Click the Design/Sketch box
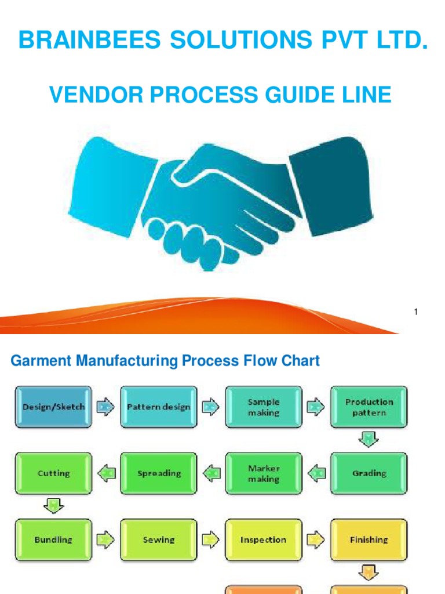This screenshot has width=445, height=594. [53, 407]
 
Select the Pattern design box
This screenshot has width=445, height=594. [158, 407]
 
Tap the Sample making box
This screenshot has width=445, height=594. [264, 407]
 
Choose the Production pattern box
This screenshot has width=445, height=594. [369, 407]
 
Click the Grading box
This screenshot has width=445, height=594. [369, 473]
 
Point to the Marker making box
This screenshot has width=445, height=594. [264, 473]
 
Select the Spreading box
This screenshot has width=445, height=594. [158, 473]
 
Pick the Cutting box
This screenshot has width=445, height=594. [53, 473]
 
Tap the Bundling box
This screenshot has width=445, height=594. [53, 539]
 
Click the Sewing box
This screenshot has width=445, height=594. [158, 539]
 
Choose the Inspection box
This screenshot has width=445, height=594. [264, 539]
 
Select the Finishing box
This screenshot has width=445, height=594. [369, 539]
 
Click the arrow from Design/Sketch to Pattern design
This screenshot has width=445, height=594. [105, 407]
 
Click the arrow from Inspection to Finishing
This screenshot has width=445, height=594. [316, 539]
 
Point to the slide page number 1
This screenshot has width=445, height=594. [416, 313]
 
